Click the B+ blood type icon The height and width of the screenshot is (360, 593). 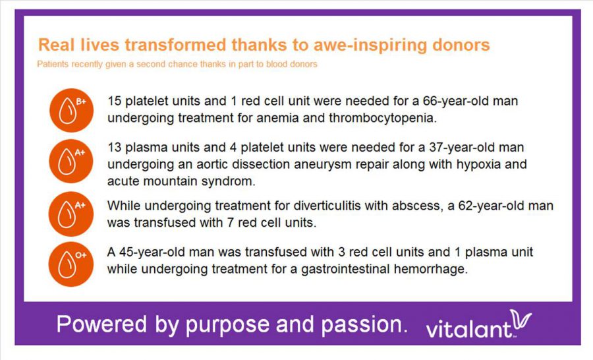(71, 110)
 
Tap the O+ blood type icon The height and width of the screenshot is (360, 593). (71, 264)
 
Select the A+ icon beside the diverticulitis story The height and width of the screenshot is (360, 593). (71, 214)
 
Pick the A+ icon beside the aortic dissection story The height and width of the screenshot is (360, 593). (71, 162)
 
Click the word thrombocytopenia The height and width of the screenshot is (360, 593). (382, 119)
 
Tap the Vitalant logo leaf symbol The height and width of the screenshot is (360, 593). (521, 320)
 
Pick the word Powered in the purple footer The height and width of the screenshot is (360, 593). (101, 324)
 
